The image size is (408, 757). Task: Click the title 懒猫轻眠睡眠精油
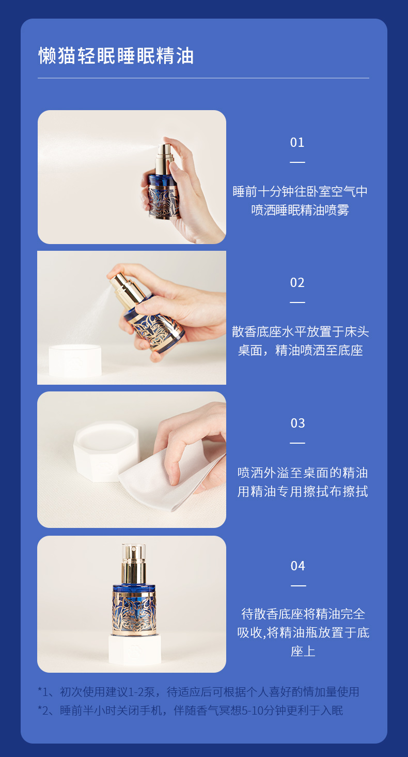click(x=116, y=56)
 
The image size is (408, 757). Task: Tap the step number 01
click(x=297, y=143)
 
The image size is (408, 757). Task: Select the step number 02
click(x=297, y=282)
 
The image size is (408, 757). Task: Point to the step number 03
click(x=297, y=423)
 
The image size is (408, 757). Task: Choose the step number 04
click(x=297, y=566)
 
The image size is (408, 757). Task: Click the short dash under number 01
click(x=297, y=162)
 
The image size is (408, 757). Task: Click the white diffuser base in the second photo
click(x=75, y=360)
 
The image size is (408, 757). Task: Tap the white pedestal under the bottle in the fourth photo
click(x=135, y=650)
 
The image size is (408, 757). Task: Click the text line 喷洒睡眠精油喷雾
click(x=300, y=210)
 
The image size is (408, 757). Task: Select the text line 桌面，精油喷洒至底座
click(x=301, y=350)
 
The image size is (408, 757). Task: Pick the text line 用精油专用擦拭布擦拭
click(x=302, y=491)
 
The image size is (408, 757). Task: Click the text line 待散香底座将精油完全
click(x=303, y=614)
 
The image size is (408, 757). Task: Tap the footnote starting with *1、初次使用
click(x=198, y=692)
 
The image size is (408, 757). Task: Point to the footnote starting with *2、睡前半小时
click(x=191, y=710)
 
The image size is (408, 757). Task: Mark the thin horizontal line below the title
click(x=203, y=78)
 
